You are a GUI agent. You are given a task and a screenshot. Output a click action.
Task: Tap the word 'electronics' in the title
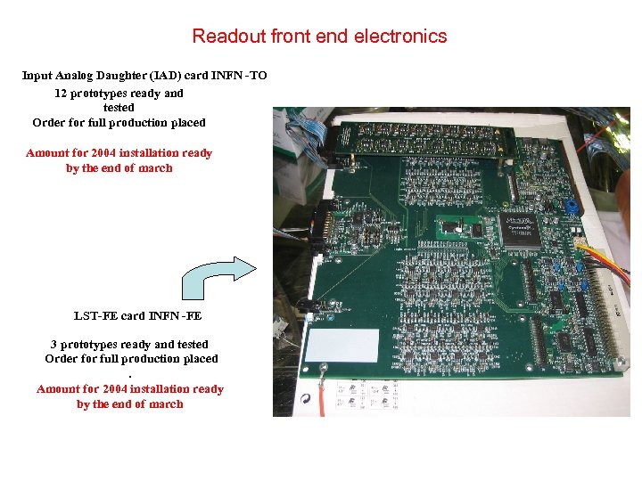pos(400,37)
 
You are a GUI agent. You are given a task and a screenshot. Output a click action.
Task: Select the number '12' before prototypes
pos(61,93)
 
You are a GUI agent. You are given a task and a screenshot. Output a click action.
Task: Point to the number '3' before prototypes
pos(53,344)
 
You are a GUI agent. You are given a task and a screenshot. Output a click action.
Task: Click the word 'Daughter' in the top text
pos(111,76)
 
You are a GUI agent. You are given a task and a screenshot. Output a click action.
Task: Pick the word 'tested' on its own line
pos(119,108)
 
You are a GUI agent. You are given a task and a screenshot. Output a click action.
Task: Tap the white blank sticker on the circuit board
pos(342,346)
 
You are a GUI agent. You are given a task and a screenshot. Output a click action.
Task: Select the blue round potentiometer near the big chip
pos(570,206)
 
